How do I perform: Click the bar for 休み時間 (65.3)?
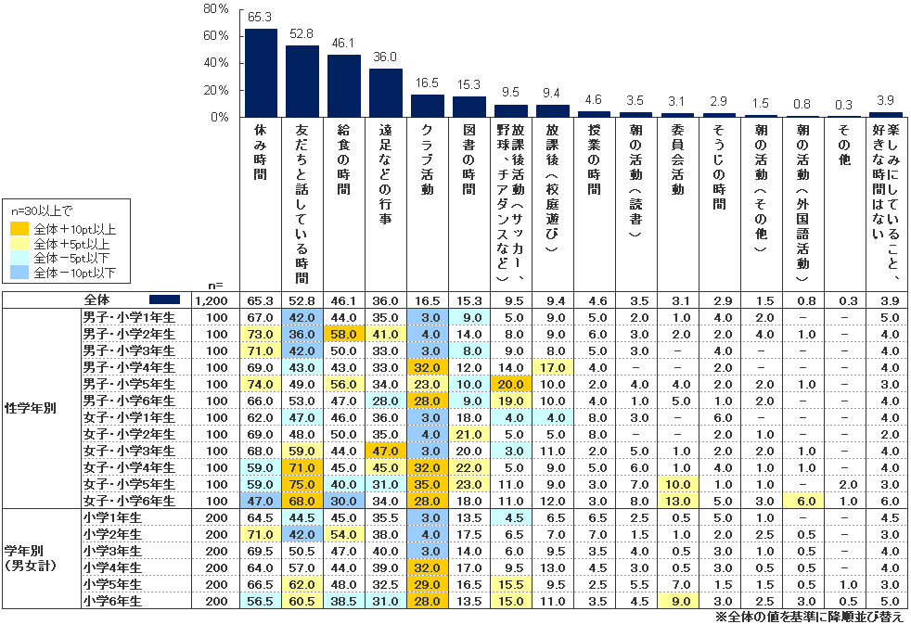(x=261, y=73)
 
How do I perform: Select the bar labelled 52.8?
(x=302, y=82)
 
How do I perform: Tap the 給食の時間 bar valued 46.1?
(x=343, y=86)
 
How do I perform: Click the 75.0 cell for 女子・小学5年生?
(x=302, y=484)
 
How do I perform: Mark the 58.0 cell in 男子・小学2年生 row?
(x=343, y=334)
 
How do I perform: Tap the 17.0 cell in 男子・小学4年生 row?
(x=552, y=368)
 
